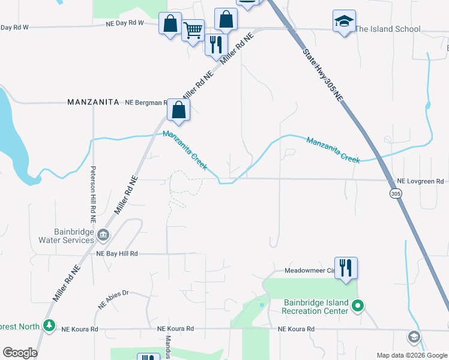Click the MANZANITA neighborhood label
pos(93,103)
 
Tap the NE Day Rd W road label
pos(125,23)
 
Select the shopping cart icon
pos(193,29)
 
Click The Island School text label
pos(388,29)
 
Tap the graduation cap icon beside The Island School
pos(344,22)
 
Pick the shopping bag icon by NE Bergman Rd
pos(179,110)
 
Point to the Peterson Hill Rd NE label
pos(94,191)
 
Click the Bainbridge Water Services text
pos(65,236)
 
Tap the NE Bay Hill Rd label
pos(118,254)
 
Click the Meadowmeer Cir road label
pos(308,271)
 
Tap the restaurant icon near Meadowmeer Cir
pos(346,268)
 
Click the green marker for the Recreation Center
pos(358,307)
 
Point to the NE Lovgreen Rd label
pos(420,181)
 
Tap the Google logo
pos(20,353)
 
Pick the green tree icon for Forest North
pos(50,326)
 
